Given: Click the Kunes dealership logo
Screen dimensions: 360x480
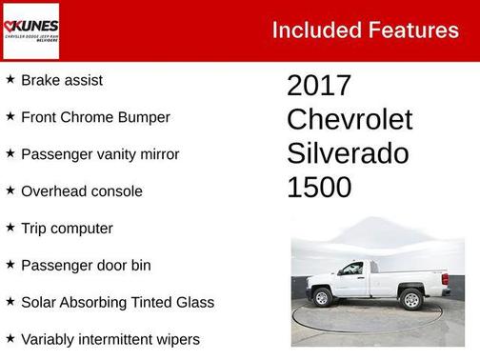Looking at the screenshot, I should [31, 30].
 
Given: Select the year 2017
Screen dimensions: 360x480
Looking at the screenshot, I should [319, 86].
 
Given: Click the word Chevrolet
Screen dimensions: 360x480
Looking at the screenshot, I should [350, 119].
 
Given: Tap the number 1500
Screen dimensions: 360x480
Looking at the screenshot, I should [319, 187].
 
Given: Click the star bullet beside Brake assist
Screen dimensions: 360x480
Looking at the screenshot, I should [10, 80].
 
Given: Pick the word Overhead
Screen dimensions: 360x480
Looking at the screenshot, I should [55, 191].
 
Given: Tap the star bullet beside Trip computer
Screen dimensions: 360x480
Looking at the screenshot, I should [10, 228].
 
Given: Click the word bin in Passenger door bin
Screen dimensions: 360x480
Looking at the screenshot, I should [140, 265].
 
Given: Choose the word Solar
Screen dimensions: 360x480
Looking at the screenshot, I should [40, 302].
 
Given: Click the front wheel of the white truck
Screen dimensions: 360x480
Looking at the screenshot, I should [322, 298].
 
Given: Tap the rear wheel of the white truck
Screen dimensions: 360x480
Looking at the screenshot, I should [411, 300].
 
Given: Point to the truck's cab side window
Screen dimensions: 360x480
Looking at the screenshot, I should [352, 269].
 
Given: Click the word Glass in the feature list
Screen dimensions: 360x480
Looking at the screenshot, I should [194, 302].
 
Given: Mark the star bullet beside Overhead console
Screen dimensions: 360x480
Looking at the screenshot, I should [10, 190].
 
